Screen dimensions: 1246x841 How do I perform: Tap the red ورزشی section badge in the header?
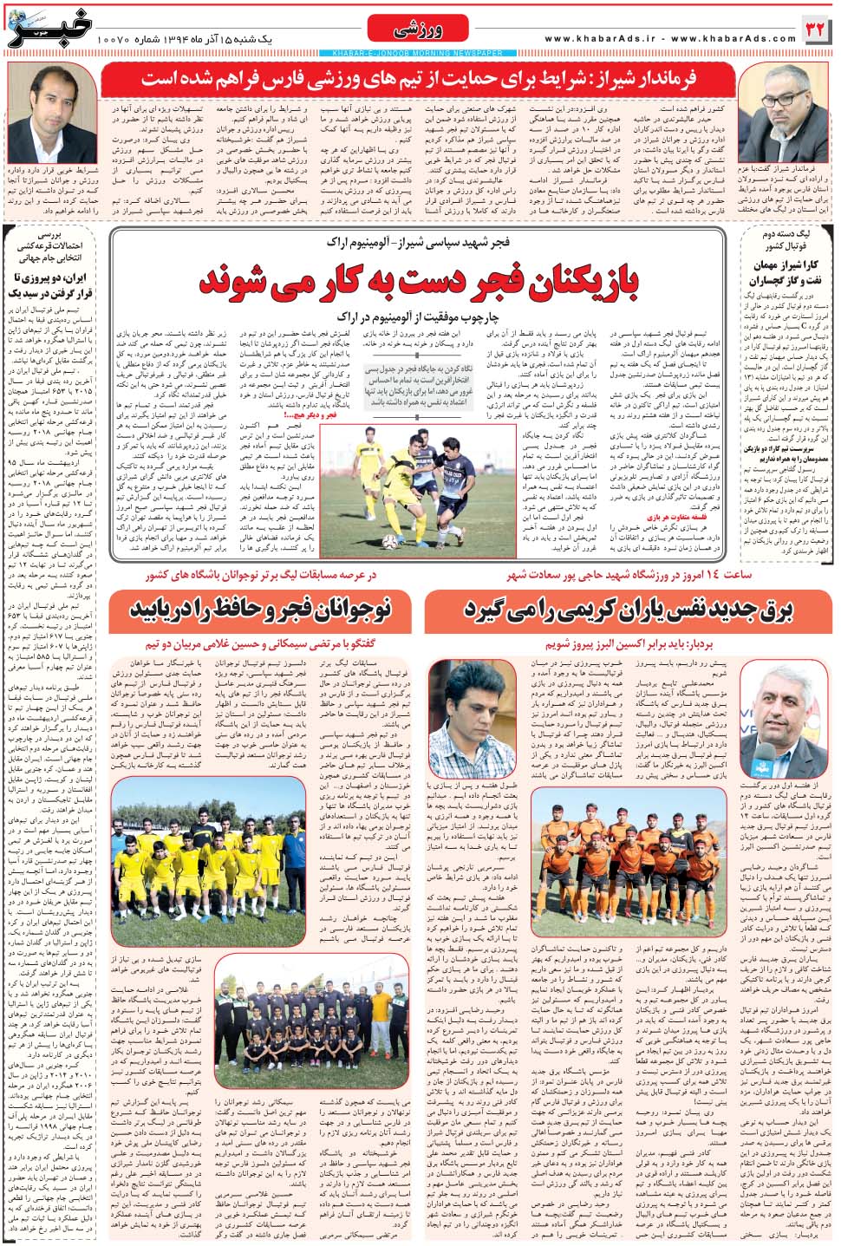[419, 30]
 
